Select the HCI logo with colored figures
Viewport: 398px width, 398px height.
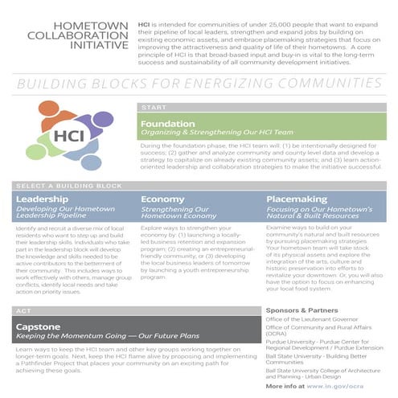pyautogui.click(x=69, y=135)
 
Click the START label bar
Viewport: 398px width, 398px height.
pyautogui.click(x=261, y=107)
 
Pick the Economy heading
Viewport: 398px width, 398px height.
pyautogui.click(x=162, y=199)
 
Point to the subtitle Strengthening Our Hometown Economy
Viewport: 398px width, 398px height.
pyautogui.click(x=175, y=212)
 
